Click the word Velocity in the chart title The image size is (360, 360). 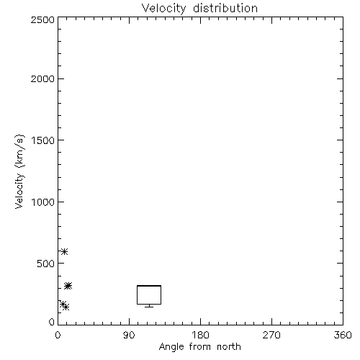pyautogui.click(x=164, y=8)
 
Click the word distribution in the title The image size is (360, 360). pyautogui.click(x=225, y=8)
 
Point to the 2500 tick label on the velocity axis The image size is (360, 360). pyautogui.click(x=42, y=19)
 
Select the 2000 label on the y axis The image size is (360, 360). pyautogui.click(x=42, y=78)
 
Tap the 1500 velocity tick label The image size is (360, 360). pyautogui.click(x=43, y=140)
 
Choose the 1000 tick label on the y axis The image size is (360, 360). pyautogui.click(x=43, y=202)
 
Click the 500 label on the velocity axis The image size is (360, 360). pyautogui.click(x=46, y=264)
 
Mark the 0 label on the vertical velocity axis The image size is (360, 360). pyautogui.click(x=52, y=322)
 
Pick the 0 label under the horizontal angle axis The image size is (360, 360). pyautogui.click(x=58, y=335)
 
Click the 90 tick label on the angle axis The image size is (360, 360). pyautogui.click(x=129, y=335)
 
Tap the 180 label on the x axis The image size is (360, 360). pyautogui.click(x=200, y=335)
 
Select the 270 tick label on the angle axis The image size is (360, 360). pyautogui.click(x=271, y=335)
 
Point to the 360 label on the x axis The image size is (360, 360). pyautogui.click(x=343, y=335)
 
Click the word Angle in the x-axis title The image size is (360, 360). pyautogui.click(x=171, y=347)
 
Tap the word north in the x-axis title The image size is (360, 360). pyautogui.click(x=229, y=347)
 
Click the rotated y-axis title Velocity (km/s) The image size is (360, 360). pyautogui.click(x=19, y=171)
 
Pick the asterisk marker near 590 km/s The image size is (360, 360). pyautogui.click(x=64, y=251)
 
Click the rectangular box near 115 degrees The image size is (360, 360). pyautogui.click(x=149, y=286)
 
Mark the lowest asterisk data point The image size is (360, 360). pyautogui.click(x=66, y=307)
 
